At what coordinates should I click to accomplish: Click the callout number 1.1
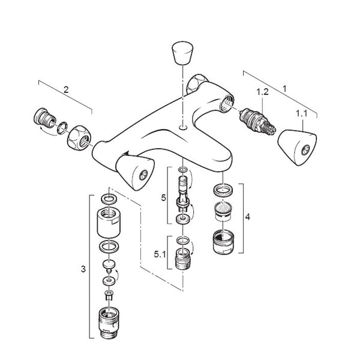[x=301, y=113]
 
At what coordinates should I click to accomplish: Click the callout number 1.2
[x=262, y=92]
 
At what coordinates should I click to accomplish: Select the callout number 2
[x=66, y=89]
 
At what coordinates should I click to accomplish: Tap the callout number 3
[x=83, y=269]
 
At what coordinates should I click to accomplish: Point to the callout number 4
[x=247, y=217]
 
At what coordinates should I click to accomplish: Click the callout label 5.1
[x=160, y=254]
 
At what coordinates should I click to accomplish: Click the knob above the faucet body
[x=182, y=53]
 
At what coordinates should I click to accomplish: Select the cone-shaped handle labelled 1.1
[x=297, y=148]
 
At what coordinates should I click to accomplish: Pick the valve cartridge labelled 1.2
[x=257, y=121]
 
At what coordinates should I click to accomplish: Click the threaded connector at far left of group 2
[x=44, y=117]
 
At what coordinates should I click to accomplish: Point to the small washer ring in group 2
[x=62, y=128]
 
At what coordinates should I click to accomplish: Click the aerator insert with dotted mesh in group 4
[x=223, y=211]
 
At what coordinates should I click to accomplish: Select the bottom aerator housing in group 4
[x=223, y=242]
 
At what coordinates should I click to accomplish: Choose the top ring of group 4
[x=223, y=190]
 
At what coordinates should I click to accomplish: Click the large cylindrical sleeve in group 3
[x=109, y=223]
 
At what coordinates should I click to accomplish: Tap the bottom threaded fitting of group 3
[x=109, y=323]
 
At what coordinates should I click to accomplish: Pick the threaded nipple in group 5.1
[x=183, y=259]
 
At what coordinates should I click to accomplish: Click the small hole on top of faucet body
[x=183, y=127]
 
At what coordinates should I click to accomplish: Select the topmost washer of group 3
[x=109, y=199]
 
